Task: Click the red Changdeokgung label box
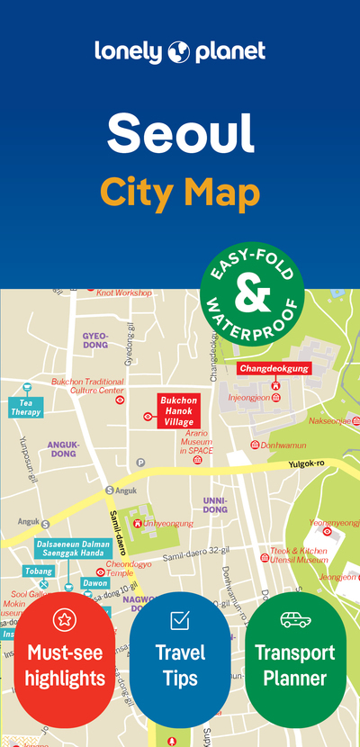tap(274, 368)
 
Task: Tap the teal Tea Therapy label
tap(25, 407)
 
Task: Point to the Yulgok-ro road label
tap(308, 464)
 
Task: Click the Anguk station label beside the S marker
tap(126, 490)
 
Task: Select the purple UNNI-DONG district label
tap(215, 504)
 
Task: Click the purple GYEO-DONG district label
tap(94, 339)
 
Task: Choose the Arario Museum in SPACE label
tap(195, 444)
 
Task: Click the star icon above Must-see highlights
tap(65, 619)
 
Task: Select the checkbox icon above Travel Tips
tap(180, 620)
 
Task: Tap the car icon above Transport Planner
tap(294, 620)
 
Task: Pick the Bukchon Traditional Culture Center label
tap(87, 386)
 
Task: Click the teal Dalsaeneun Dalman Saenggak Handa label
tap(74, 549)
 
